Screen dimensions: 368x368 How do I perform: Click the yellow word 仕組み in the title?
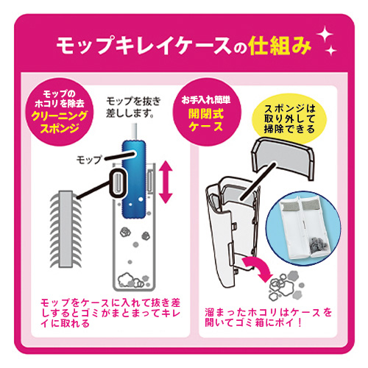pyautogui.click(x=280, y=46)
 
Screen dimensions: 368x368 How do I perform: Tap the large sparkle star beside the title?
pyautogui.click(x=325, y=35)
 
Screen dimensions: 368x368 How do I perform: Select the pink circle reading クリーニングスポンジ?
pyautogui.click(x=60, y=112)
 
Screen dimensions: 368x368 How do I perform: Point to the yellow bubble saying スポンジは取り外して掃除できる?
pyautogui.click(x=289, y=118)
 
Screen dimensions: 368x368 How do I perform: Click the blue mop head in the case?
pyautogui.click(x=134, y=179)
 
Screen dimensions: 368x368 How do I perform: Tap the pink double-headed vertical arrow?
pyautogui.click(x=166, y=182)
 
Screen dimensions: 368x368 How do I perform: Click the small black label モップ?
pyautogui.click(x=89, y=160)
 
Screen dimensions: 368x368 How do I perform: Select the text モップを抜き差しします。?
pyautogui.click(x=134, y=107)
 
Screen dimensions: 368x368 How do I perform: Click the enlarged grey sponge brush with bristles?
pyautogui.click(x=66, y=229)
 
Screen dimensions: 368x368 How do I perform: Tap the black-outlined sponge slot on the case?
pyautogui.click(x=118, y=183)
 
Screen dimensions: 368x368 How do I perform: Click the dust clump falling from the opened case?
pyautogui.click(x=286, y=286)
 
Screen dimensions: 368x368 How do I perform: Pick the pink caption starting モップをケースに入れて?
pyautogui.click(x=110, y=313)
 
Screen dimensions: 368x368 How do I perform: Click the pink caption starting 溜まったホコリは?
pyautogui.click(x=269, y=317)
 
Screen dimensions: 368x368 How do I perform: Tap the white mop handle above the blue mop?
pyautogui.click(x=134, y=132)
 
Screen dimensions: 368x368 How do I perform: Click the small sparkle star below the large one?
pyautogui.click(x=330, y=51)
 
